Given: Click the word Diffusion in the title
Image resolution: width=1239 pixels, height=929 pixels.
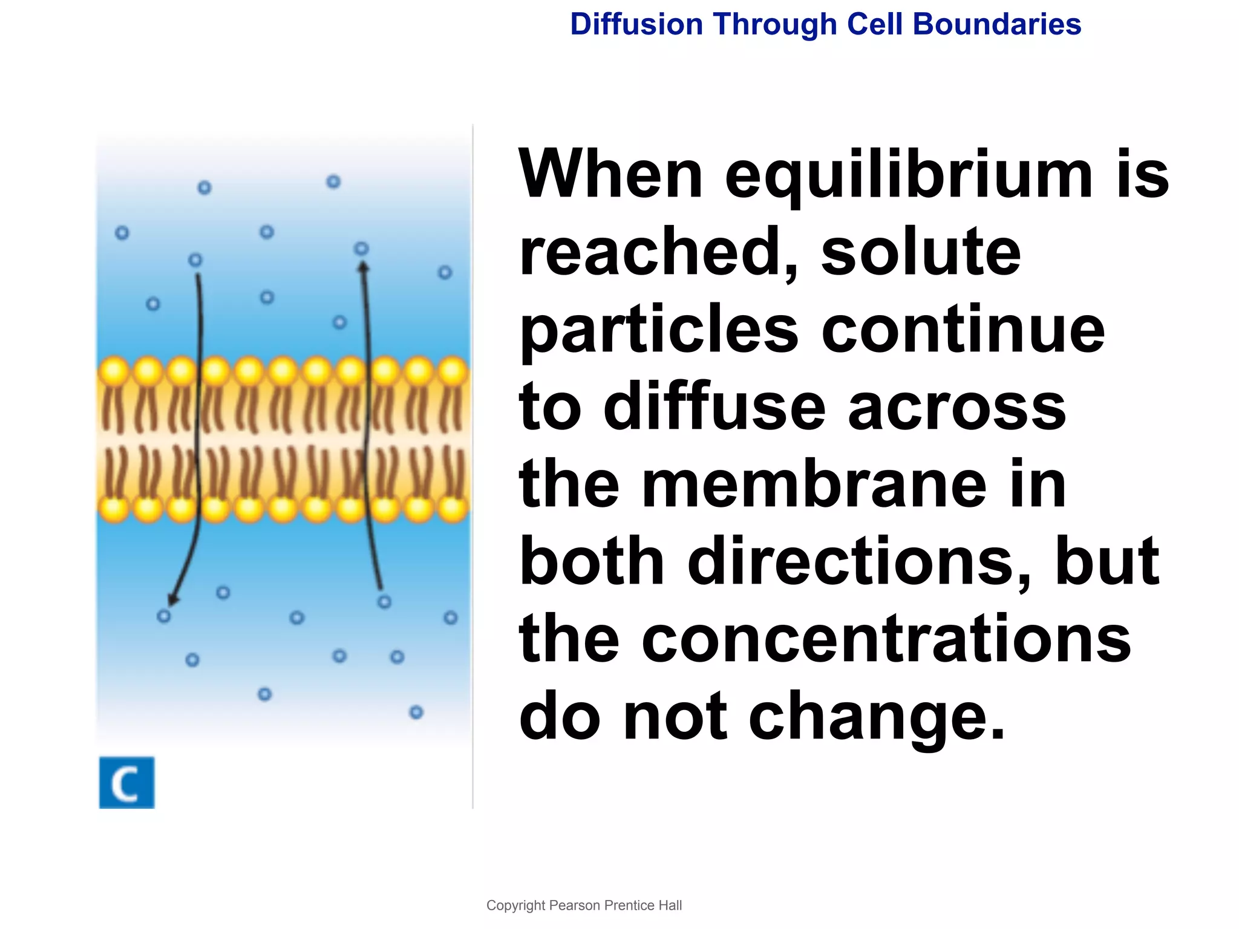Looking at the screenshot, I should pos(636,24).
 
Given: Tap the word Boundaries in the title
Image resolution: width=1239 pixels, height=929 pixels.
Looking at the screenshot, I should pos(996,24).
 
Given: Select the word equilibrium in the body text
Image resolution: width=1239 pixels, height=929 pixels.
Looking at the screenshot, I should pos(908,176).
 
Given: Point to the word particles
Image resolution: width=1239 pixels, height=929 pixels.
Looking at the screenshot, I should pos(659,331).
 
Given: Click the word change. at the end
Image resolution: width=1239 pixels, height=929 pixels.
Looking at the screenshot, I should pos(877,717).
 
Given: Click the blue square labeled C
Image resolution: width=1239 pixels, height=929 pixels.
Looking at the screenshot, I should pos(126,782).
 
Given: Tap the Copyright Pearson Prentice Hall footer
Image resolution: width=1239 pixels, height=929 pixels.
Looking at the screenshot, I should pos(584,905).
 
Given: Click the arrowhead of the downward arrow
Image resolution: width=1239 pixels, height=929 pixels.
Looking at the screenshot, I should pos(173,599).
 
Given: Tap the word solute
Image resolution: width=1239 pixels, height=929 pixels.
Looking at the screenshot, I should pos(921,252).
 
